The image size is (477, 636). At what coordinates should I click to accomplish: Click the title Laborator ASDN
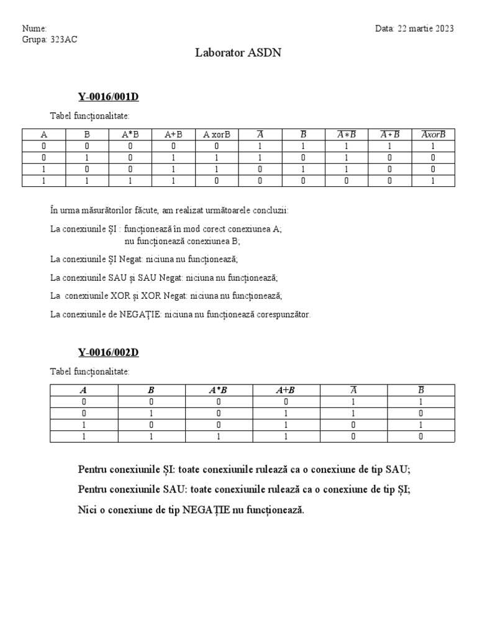tap(238, 53)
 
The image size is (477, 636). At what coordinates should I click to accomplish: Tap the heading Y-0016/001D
tap(108, 96)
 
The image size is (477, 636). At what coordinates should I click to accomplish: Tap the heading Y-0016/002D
tap(108, 353)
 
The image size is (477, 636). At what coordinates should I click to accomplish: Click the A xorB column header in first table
tap(216, 134)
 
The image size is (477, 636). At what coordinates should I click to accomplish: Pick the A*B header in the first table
tap(130, 134)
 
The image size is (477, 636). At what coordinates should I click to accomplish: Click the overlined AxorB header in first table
tap(434, 134)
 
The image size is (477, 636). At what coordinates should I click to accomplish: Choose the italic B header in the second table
tap(151, 391)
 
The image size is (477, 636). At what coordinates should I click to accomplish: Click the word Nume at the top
tap(34, 29)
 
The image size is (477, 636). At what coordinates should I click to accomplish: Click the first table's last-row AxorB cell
tap(434, 181)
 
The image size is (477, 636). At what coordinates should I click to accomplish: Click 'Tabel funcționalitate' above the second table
tap(90, 371)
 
